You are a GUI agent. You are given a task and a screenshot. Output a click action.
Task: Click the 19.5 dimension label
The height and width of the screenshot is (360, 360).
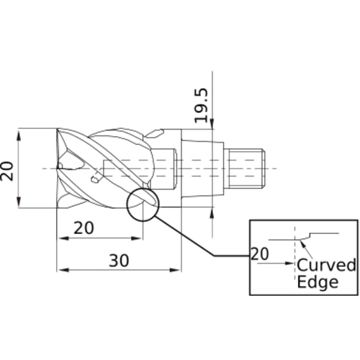tap(201, 105)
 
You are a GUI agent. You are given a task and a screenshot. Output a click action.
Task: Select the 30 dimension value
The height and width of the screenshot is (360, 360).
tap(119, 261)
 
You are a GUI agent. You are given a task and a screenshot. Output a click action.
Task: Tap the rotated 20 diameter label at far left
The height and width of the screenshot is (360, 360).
tap(6, 171)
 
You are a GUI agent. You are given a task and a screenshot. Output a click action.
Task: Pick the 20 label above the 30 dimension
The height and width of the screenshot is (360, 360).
tap(84, 228)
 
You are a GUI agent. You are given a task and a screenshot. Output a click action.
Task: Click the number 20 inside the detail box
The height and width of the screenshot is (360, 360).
tap(260, 254)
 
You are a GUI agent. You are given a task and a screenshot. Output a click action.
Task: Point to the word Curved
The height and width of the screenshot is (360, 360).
tap(326, 265)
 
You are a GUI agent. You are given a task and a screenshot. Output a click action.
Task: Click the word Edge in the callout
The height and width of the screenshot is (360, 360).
tap(318, 282)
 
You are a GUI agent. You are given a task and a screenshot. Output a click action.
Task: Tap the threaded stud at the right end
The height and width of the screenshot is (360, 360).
tap(246, 168)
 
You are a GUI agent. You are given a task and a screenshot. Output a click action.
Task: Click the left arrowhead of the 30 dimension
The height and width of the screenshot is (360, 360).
tap(63, 270)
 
